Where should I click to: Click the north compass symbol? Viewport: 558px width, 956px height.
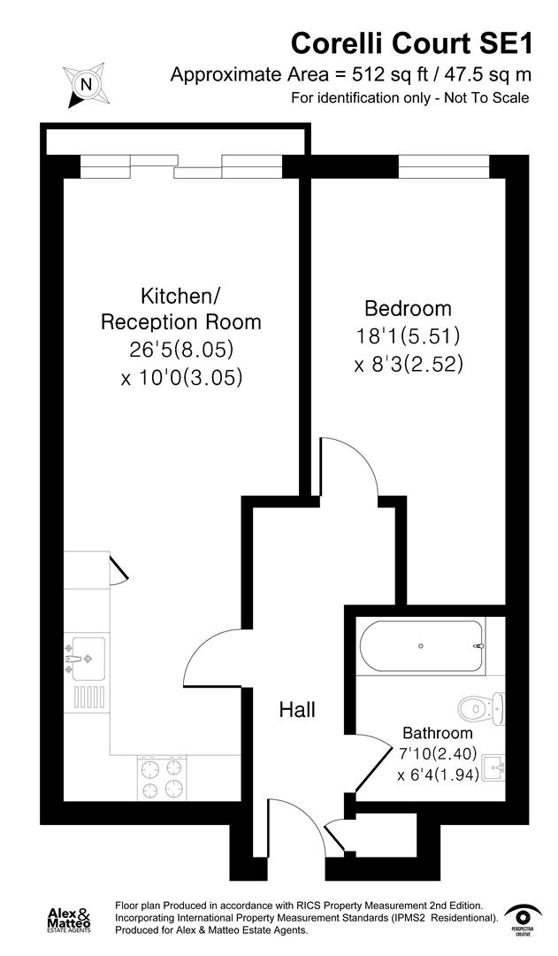[86, 85]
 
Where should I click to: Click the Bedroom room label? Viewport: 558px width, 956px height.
[408, 309]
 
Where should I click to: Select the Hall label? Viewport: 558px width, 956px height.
[297, 709]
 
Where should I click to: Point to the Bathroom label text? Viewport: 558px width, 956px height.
[438, 733]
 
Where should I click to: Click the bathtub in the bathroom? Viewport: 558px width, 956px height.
[421, 646]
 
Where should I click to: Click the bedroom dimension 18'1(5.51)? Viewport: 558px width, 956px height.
[408, 336]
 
